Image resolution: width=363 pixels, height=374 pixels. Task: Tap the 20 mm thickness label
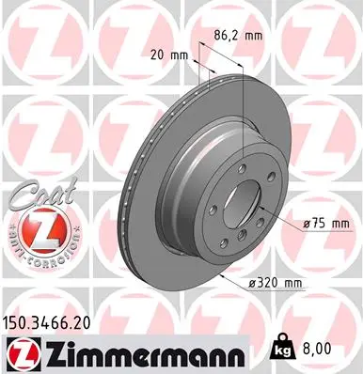tap(166, 55)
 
